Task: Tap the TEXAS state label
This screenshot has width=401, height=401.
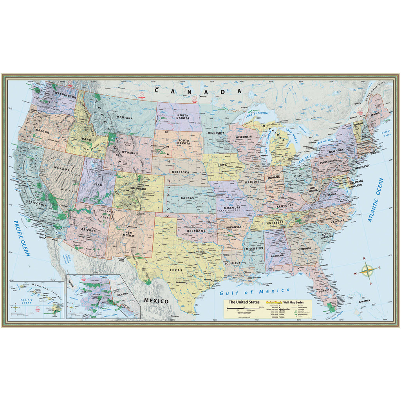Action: (176, 270)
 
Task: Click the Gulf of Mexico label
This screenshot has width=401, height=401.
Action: (255, 292)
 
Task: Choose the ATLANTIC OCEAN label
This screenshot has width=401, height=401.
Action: (376, 200)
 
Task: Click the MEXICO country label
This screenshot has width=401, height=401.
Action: (156, 301)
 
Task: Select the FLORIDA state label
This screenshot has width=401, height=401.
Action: (325, 291)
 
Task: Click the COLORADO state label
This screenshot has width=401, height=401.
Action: (136, 189)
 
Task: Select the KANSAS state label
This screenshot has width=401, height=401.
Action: (188, 198)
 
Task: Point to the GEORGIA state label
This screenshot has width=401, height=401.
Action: (304, 249)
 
